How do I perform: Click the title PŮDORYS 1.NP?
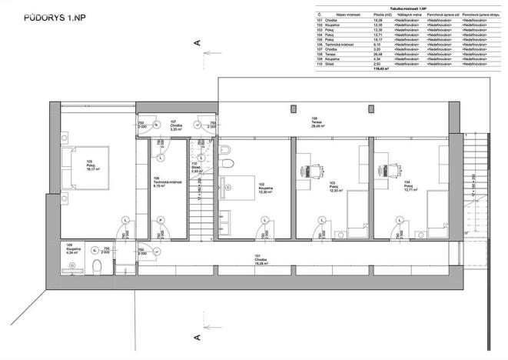(52, 15)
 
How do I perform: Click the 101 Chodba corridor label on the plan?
(262, 259)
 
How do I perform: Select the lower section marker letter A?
(198, 336)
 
